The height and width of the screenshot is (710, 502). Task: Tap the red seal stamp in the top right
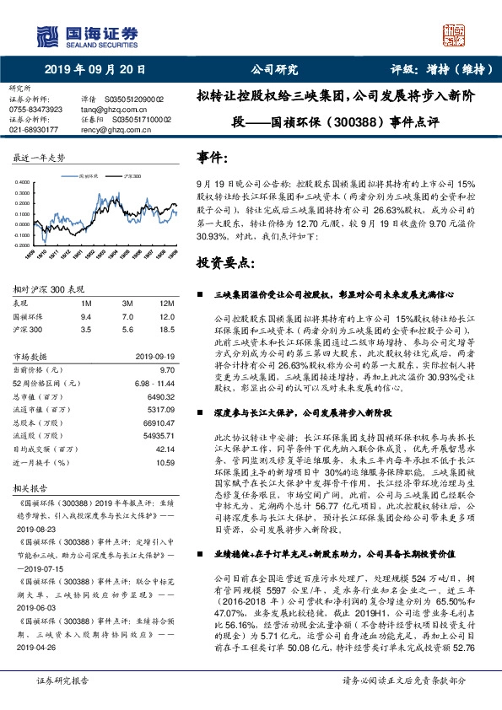[x=460, y=35]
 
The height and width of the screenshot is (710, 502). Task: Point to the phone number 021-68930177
[x=34, y=130]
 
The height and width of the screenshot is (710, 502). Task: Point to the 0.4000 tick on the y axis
[x=24, y=182]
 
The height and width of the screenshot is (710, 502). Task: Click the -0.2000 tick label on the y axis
[x=24, y=245]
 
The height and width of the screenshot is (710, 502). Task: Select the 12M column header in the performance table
[x=165, y=302]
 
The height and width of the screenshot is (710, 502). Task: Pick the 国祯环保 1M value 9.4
[x=85, y=315]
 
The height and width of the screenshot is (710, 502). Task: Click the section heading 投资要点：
[x=226, y=264]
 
